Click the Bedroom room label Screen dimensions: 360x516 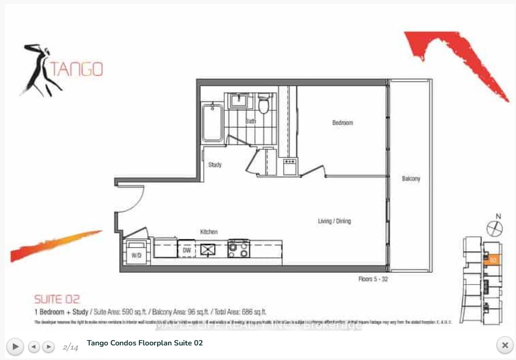pos(343,123)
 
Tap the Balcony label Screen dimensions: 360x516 pos(411,179)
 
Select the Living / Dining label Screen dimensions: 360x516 pos(334,221)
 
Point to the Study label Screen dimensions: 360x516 pos(215,165)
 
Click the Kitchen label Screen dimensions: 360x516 pos(209,232)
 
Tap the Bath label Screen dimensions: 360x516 pos(250,121)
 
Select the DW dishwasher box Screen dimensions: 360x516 pos(187,249)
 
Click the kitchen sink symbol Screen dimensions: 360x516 pos(208,249)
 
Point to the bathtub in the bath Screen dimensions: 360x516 pos(211,122)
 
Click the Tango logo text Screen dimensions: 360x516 pos(76,69)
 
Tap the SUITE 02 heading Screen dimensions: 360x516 pos(57,299)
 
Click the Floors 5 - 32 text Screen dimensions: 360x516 pos(373,279)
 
